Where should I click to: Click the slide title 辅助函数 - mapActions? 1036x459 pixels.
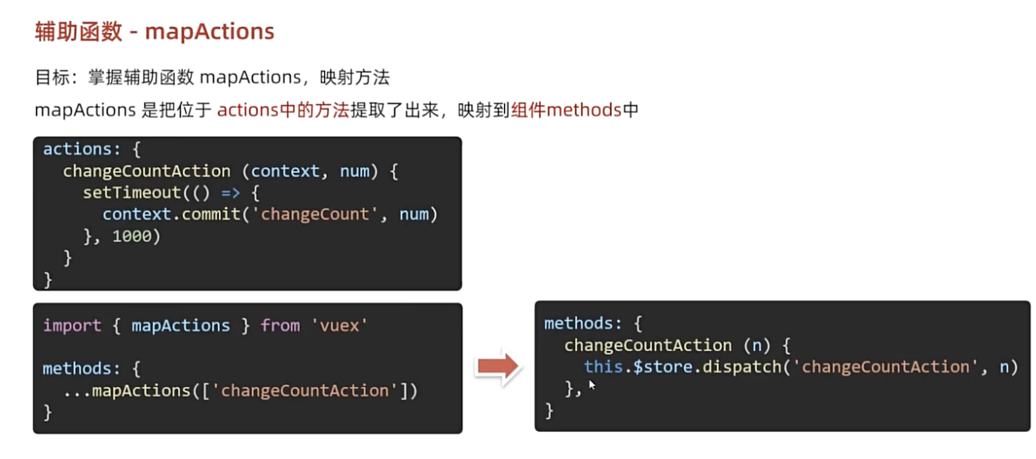click(154, 32)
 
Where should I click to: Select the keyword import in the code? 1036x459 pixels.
click(72, 325)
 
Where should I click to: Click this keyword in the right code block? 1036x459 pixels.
click(603, 367)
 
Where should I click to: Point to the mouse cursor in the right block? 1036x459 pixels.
click(591, 383)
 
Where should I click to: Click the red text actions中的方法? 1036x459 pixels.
click(282, 110)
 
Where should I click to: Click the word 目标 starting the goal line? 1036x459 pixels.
click(50, 77)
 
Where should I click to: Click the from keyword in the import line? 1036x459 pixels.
click(280, 325)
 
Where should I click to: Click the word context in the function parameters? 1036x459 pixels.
click(285, 171)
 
